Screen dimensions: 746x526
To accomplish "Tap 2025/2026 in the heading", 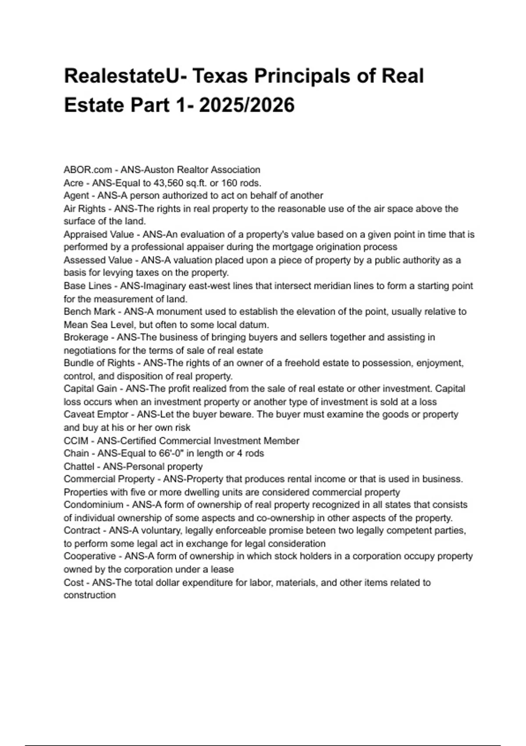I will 247,105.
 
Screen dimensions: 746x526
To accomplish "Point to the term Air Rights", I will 85,208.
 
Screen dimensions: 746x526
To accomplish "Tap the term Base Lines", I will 88,286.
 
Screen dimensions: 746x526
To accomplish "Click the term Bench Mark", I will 89,312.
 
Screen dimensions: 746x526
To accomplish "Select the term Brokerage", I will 86,337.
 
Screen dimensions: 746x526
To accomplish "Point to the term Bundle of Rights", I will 99,363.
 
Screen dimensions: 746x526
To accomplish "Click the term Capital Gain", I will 90,389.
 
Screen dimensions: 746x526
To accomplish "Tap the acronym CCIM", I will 76,441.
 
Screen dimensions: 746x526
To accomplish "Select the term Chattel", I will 79,466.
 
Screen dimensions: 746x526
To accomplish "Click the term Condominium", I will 93,505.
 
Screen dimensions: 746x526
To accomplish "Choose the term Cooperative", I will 89,556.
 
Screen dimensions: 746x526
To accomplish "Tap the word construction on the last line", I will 90,595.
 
